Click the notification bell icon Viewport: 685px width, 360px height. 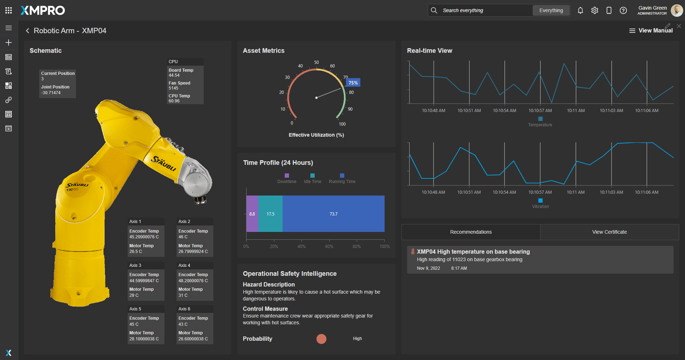580,10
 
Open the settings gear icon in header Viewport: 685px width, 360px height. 595,10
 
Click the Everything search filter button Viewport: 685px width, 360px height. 551,10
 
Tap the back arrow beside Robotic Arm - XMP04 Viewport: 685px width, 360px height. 27,31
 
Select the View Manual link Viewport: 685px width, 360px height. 651,31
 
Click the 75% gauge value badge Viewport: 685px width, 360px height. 353,83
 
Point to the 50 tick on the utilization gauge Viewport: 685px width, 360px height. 316,62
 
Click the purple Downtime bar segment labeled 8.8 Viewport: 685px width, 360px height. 252,214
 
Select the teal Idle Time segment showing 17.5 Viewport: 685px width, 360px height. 270,214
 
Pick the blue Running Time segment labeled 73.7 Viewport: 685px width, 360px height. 334,214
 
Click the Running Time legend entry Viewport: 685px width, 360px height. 342,179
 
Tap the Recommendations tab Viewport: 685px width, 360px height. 471,232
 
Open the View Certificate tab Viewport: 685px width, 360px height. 609,232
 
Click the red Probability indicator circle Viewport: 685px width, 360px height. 321,339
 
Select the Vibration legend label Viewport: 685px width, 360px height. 541,207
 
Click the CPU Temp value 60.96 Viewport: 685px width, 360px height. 174,101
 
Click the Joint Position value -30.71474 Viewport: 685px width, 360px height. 51,93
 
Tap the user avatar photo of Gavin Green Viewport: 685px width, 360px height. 677,10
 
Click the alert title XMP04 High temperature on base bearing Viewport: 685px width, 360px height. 473,252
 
